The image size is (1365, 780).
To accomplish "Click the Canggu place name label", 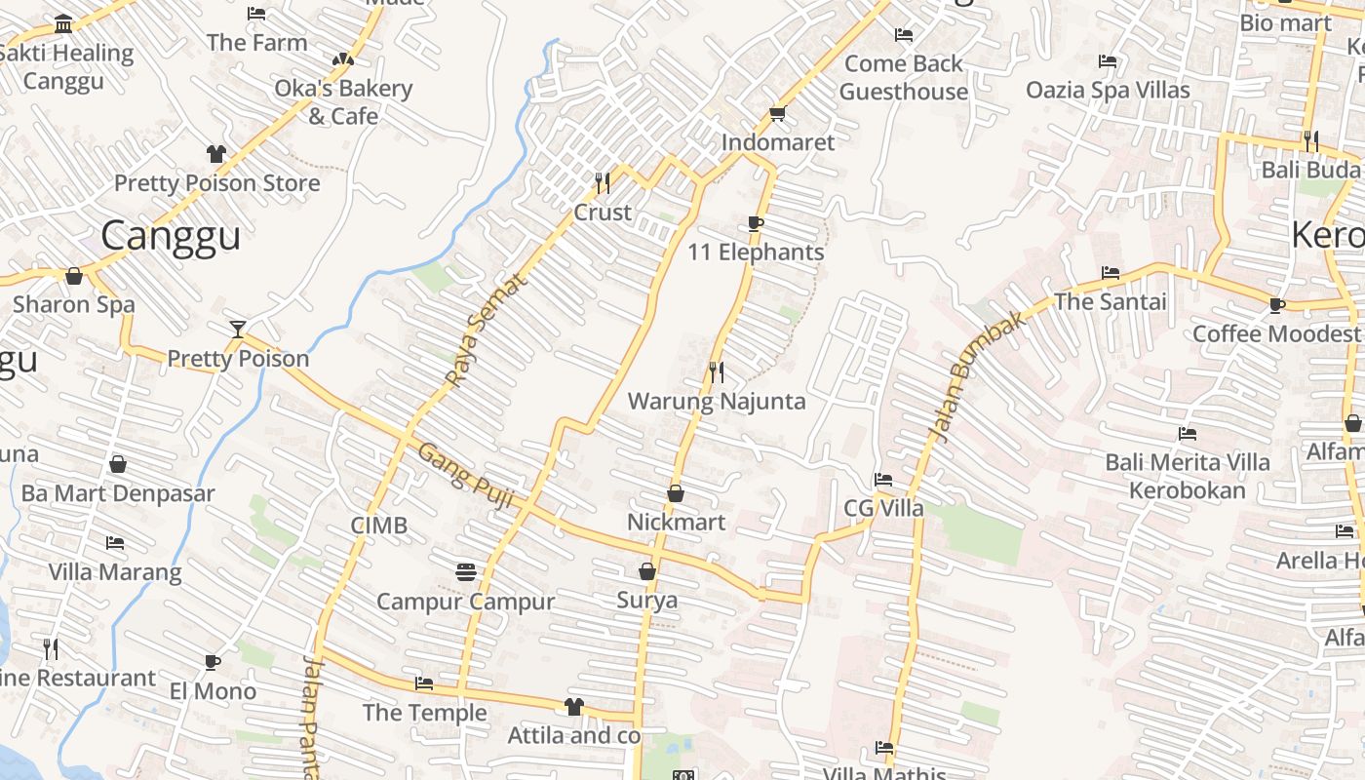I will click(171, 236).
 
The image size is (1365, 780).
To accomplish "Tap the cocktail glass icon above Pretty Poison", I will click(237, 329).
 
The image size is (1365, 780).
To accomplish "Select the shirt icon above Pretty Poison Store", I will click(216, 154).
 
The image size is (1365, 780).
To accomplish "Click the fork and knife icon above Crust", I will click(603, 182).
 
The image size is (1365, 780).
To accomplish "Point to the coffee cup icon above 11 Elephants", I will click(755, 223).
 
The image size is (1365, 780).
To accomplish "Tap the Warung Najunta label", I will click(717, 402).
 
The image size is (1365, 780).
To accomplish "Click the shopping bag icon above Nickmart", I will click(675, 494).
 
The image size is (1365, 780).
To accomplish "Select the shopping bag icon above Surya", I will click(646, 571).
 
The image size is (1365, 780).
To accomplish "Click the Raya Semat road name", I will click(485, 329).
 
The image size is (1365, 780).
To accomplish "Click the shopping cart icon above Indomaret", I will click(777, 114).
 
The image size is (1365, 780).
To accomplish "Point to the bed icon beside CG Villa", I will click(883, 480).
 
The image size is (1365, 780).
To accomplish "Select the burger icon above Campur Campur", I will click(466, 571).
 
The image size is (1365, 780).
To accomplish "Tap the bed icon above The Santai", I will click(1110, 273).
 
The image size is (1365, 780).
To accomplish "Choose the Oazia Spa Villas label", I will click(1108, 91).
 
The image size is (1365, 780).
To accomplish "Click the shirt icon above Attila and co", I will click(573, 707).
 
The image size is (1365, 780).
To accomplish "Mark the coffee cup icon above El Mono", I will click(213, 663).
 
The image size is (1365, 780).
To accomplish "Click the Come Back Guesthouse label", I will click(904, 78).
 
